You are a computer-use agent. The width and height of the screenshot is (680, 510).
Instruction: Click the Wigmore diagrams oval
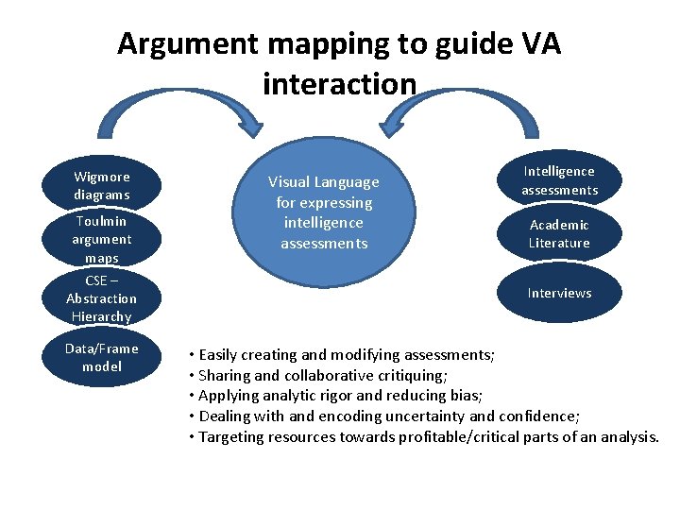(x=102, y=185)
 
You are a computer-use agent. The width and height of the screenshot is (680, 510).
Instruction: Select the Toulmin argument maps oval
(x=102, y=238)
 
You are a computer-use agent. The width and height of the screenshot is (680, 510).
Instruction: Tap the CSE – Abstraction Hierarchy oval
(x=102, y=297)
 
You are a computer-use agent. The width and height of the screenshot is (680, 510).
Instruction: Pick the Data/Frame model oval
(x=102, y=357)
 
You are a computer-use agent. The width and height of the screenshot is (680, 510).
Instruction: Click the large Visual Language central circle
(x=324, y=212)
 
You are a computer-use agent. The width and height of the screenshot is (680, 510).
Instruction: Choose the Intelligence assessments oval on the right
(x=559, y=180)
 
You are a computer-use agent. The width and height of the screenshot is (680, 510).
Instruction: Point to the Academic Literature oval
(x=559, y=233)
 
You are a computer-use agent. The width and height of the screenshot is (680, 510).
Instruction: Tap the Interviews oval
(x=559, y=293)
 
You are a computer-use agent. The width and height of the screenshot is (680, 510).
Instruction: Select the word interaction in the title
(x=339, y=84)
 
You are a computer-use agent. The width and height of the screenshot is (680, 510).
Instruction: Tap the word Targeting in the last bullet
(x=231, y=436)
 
